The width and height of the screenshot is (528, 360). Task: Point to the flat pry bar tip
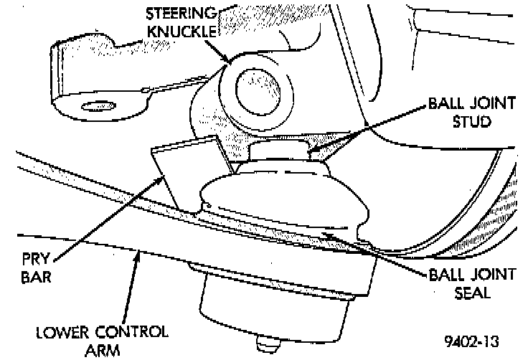point(183,172)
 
